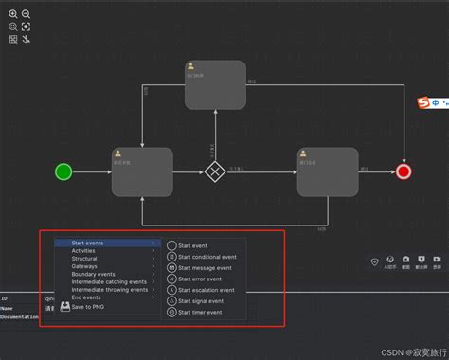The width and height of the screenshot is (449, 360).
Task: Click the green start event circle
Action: [63, 171]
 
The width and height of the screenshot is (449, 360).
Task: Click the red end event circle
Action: [404, 171]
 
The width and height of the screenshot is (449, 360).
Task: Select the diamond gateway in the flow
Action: [217, 171]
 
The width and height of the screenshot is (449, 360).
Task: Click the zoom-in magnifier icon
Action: [13, 15]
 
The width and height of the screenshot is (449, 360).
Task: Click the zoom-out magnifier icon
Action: [26, 15]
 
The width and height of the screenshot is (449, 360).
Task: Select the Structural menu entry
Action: [84, 259]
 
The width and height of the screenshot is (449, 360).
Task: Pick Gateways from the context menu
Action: [84, 266]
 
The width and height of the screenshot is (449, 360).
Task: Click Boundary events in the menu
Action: [93, 274]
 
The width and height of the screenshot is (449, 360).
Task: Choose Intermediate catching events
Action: [109, 281]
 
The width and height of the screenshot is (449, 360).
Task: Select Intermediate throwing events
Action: [109, 289]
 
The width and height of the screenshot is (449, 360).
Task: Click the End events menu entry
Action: [86, 297]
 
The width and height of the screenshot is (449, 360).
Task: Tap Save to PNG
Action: [90, 305]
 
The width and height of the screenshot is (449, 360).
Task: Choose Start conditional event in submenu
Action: [207, 256]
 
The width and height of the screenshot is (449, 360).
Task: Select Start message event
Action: [204, 267]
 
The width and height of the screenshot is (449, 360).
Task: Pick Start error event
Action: [199, 279]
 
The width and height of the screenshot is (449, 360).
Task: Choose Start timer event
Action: [200, 312]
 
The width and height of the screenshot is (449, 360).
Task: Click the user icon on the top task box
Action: [191, 66]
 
